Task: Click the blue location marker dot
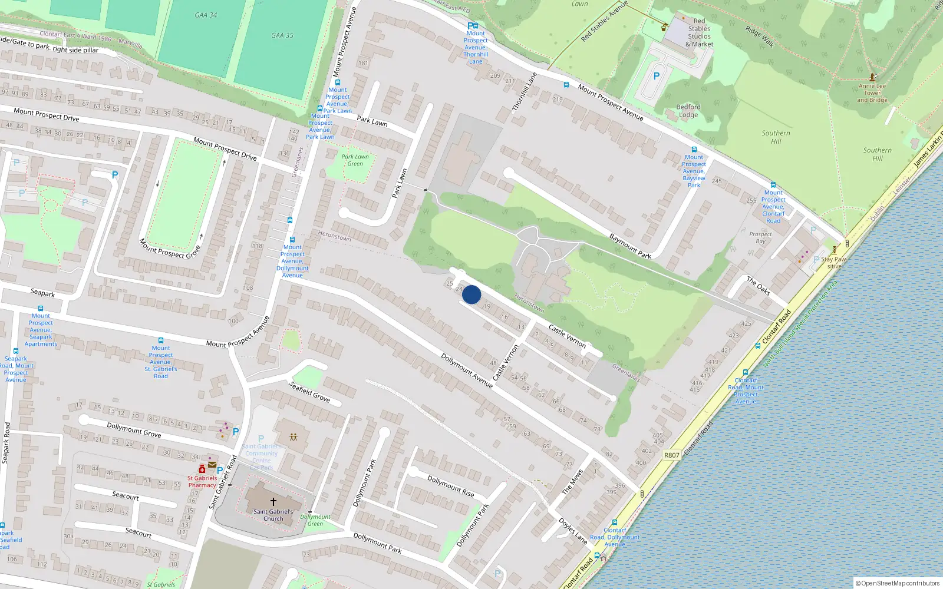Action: click(471, 294)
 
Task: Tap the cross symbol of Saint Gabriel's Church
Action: click(273, 502)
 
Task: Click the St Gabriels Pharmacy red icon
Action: click(202, 469)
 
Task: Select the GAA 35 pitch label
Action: click(282, 35)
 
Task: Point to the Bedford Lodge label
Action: click(688, 111)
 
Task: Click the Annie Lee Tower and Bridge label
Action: click(872, 93)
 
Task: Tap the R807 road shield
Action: click(671, 455)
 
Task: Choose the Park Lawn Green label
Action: click(355, 160)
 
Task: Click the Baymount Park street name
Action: click(630, 246)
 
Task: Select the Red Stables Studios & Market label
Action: click(699, 32)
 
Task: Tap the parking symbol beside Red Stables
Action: click(657, 76)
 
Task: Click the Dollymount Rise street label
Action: click(451, 486)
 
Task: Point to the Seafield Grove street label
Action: click(309, 391)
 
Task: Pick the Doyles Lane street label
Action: click(573, 531)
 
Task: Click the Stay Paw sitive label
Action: click(833, 262)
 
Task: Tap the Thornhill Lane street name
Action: click(525, 92)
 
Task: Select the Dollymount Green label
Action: click(315, 520)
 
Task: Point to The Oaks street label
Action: click(759, 285)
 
